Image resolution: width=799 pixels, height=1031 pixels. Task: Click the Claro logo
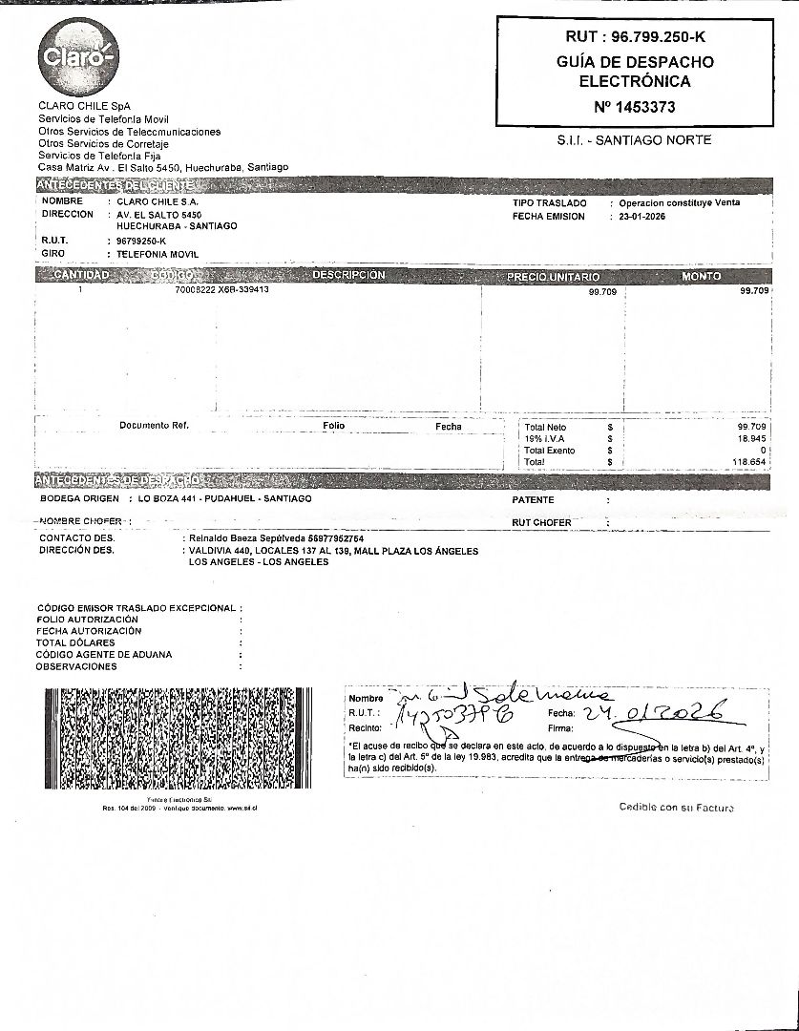click(77, 56)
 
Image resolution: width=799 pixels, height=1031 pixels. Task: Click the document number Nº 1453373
click(634, 107)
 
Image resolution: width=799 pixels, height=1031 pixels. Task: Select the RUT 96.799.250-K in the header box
click(635, 37)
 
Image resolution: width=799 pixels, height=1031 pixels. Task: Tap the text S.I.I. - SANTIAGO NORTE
click(634, 140)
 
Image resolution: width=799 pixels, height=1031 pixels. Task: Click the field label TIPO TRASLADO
click(549, 203)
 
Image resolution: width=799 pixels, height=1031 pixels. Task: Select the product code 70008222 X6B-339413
click(216, 289)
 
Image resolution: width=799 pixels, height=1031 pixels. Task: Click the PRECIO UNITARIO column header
click(553, 276)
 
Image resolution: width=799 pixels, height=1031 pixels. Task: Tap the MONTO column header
click(701, 276)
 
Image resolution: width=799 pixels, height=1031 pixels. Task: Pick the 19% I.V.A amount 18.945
click(752, 438)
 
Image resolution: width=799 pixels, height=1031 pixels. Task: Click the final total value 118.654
click(750, 462)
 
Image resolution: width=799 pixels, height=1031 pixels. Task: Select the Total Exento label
click(549, 451)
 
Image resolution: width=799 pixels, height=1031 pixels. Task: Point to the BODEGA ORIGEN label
click(79, 498)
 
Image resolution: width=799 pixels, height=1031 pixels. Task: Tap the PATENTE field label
click(533, 499)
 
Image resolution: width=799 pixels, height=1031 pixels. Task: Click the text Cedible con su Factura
click(676, 808)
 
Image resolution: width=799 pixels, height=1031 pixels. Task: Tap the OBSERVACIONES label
click(76, 666)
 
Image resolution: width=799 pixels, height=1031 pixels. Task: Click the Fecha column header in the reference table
click(448, 427)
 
